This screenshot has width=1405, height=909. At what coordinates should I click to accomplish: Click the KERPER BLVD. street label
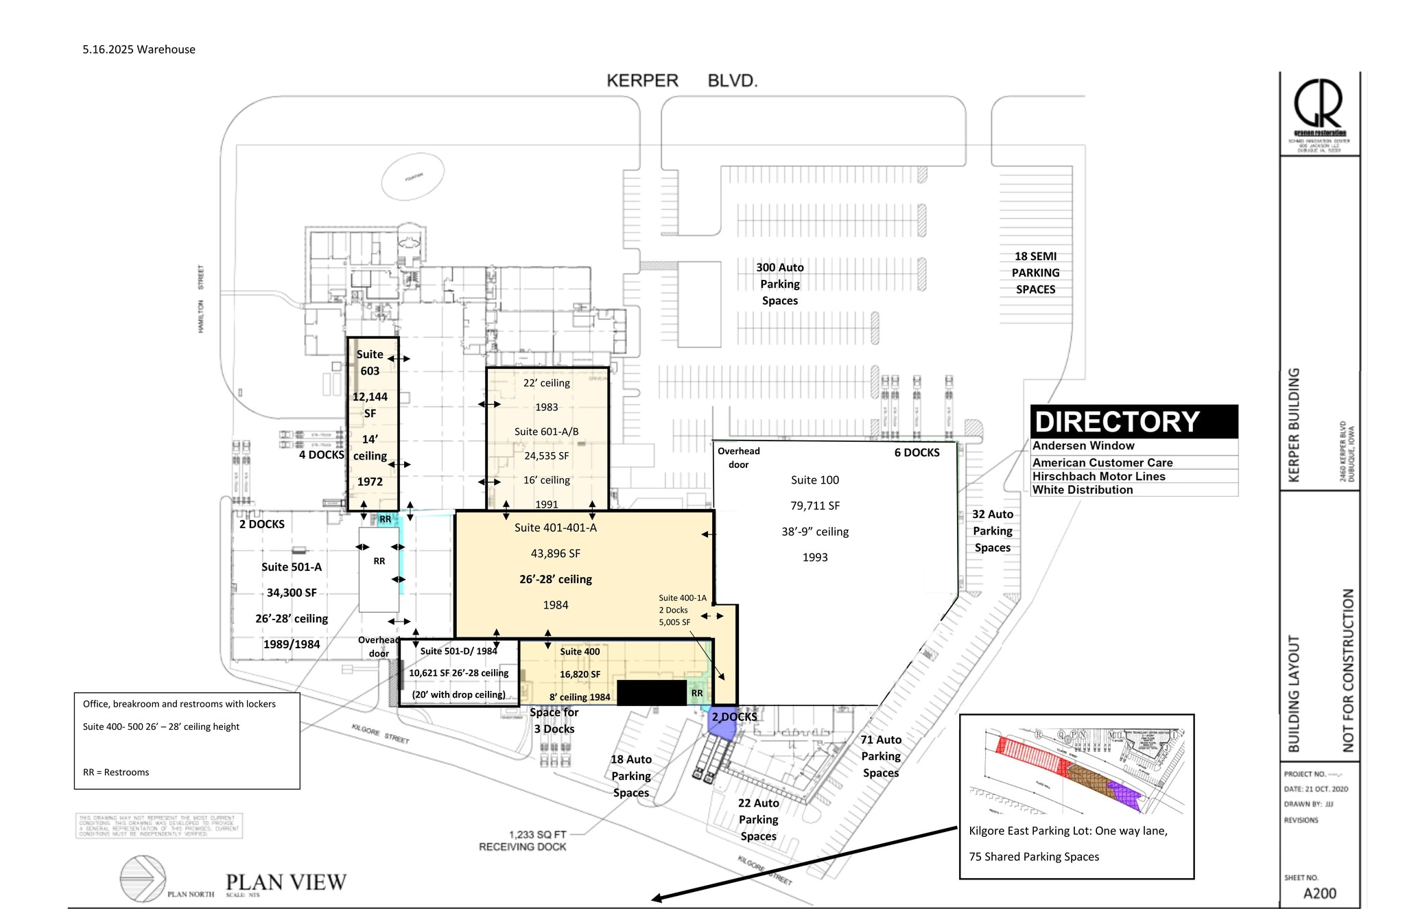(682, 81)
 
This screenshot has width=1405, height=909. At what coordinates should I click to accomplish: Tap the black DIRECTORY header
(1133, 422)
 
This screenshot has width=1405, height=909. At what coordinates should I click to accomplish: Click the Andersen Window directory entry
(1083, 446)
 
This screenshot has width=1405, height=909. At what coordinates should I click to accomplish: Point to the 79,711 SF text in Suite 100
(815, 506)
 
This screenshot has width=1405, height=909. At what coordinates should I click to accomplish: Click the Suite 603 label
(370, 362)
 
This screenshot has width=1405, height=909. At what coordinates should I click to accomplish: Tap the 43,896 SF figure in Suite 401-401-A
(555, 554)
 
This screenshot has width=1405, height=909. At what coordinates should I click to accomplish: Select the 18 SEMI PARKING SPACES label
(1035, 273)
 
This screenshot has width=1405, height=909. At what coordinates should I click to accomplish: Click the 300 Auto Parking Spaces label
(779, 284)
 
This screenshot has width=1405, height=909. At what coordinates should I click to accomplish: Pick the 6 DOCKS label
(917, 453)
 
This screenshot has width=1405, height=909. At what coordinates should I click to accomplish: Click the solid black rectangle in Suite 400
(651, 693)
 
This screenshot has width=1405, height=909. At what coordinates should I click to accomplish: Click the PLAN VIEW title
(286, 882)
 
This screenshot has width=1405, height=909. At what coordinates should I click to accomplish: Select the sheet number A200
(1319, 893)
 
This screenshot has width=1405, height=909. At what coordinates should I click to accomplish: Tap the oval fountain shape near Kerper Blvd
(412, 177)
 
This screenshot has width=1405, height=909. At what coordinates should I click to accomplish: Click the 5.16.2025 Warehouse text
(139, 49)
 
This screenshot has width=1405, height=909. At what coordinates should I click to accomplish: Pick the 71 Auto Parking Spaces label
(881, 756)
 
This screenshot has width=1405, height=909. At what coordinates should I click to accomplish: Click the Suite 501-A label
(292, 567)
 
